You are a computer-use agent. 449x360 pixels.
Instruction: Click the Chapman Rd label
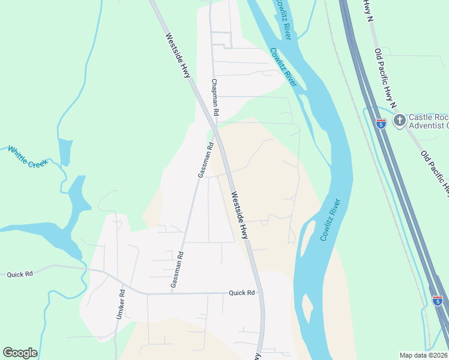click(x=215, y=97)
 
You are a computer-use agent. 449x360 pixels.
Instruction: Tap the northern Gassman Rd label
click(x=206, y=160)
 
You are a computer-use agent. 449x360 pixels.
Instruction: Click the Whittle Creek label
click(x=27, y=156)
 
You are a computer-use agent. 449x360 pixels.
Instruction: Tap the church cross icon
click(x=399, y=121)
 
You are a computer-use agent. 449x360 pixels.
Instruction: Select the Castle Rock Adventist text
click(x=429, y=121)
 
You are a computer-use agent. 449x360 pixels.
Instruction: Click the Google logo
click(x=20, y=353)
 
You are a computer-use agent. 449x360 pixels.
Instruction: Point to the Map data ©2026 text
click(x=423, y=355)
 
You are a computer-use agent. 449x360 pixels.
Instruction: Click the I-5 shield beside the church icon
click(x=381, y=124)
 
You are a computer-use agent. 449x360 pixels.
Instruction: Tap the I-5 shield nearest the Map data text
click(x=437, y=300)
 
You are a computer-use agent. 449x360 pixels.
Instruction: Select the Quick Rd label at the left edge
click(x=19, y=274)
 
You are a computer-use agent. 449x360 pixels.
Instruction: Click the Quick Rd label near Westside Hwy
click(x=242, y=293)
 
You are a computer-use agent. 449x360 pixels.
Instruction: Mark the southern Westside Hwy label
click(x=239, y=215)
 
